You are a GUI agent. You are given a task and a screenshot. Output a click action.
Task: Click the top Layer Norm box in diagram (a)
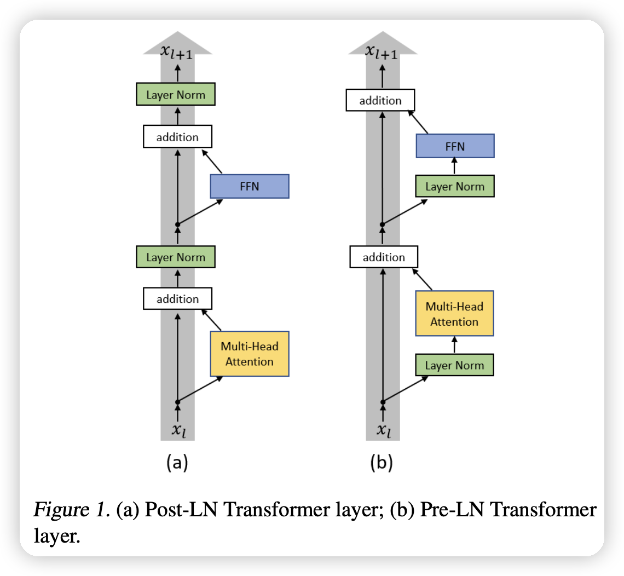tap(175, 95)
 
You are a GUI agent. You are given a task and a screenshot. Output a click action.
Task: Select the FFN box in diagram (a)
tap(249, 186)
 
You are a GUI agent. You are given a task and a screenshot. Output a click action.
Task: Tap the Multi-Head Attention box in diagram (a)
tap(249, 354)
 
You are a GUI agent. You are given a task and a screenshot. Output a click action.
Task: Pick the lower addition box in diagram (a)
tap(177, 299)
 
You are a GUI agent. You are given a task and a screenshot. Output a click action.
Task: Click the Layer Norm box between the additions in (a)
tap(175, 257)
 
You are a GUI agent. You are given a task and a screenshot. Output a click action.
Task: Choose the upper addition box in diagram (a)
tap(177, 137)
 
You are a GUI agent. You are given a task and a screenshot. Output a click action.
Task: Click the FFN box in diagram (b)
tap(455, 146)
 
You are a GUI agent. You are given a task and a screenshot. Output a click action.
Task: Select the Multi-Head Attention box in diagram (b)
tap(454, 314)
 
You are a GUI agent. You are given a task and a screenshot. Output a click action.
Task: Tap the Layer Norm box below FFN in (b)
tap(454, 186)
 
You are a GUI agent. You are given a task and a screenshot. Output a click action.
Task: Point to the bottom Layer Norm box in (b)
tap(454, 365)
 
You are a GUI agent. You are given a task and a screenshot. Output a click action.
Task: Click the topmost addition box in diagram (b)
tap(380, 100)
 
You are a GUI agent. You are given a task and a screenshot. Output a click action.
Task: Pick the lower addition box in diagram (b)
tap(384, 257)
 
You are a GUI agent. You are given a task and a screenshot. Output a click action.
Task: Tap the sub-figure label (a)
tap(177, 463)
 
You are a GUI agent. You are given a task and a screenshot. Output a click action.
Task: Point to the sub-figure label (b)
tap(382, 463)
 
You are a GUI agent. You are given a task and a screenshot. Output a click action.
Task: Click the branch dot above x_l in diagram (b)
tap(383, 402)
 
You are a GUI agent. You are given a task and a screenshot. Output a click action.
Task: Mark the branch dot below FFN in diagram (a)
tap(177, 224)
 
